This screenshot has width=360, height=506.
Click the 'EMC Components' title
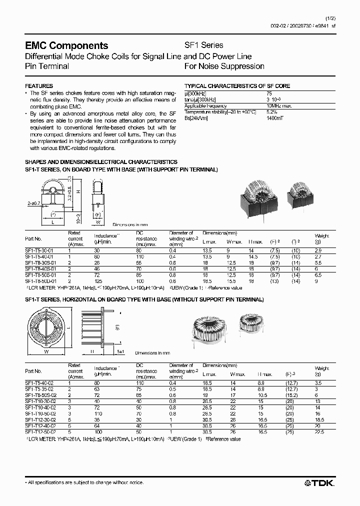(66, 46)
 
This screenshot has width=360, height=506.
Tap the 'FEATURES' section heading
(39, 86)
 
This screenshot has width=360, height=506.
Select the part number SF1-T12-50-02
(40, 431)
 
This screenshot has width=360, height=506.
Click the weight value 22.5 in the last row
(320, 431)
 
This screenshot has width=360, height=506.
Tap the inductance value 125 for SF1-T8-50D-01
(97, 281)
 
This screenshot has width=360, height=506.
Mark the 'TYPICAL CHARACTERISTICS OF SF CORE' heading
(237, 86)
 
